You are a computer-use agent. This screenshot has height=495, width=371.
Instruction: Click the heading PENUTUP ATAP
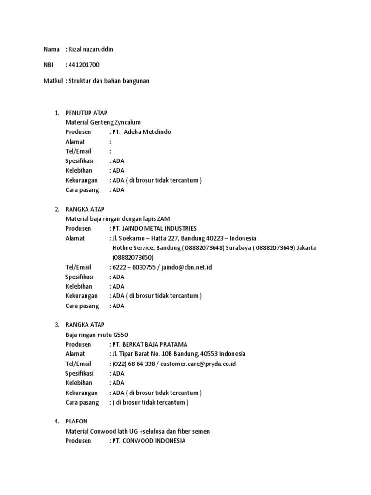point(86,113)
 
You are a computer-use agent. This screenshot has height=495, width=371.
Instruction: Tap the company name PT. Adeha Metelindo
point(142,132)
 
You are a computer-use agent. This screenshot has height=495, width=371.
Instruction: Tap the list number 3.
point(57,325)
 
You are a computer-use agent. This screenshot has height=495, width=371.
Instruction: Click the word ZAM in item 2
point(164,218)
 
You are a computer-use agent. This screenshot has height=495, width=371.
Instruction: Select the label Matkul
point(53,81)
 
